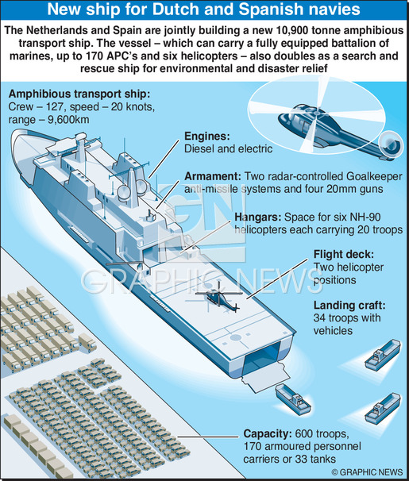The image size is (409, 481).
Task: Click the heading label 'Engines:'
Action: coord(206,137)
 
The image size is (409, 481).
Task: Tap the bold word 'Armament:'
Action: coord(213,176)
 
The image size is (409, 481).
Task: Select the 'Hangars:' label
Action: coord(258,217)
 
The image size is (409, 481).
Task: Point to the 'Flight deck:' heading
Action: coord(344,254)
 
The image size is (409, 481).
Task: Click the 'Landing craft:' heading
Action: coord(349,306)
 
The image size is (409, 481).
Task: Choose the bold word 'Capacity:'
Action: coord(268,433)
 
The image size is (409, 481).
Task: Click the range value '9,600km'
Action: coord(68,119)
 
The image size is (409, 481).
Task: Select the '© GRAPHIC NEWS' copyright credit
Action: coord(367,471)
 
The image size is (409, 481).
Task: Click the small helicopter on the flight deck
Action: coord(218,297)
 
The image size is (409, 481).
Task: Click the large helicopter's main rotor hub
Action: coord(316,114)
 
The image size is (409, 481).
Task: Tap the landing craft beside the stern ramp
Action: coord(293,398)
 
